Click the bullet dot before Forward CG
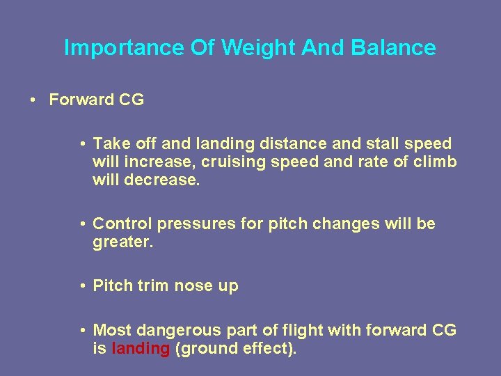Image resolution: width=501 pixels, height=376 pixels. pos(34,100)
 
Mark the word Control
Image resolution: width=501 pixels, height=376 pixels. pos(122,224)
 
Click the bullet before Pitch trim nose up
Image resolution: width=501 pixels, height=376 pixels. pos(83,286)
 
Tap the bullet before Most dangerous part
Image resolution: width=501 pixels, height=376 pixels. pos(83,331)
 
